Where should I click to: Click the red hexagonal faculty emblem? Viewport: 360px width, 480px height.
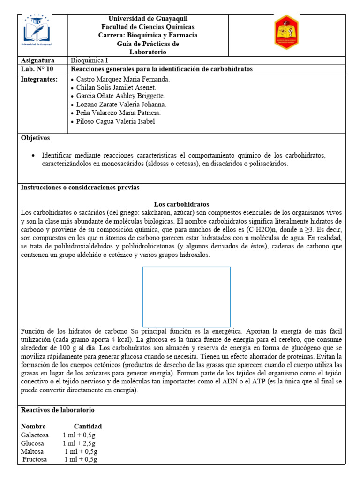(286, 33)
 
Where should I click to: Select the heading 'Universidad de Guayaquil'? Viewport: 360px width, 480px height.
(148, 19)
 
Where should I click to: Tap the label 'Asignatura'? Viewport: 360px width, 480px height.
(38, 60)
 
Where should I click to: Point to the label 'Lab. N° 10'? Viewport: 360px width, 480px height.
(37, 69)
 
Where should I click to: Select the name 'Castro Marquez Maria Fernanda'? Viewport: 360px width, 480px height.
(122, 79)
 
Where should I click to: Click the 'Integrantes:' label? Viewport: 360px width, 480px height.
(39, 79)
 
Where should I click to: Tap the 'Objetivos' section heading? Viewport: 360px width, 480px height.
(36, 138)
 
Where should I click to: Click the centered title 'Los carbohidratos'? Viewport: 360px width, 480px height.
(181, 204)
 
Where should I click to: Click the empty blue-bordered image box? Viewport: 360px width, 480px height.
(186, 296)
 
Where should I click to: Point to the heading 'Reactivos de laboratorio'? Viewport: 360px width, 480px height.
(58, 410)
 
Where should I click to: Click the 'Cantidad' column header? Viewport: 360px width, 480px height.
(88, 427)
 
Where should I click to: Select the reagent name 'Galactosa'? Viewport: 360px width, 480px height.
(35, 435)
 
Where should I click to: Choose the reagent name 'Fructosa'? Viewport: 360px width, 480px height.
(35, 460)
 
